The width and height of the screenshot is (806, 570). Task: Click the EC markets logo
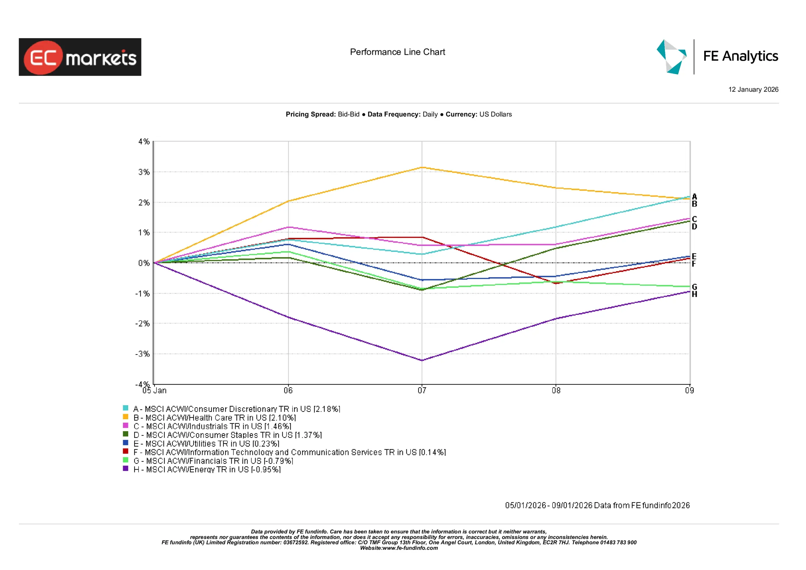[80, 57]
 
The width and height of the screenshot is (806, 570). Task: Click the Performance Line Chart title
[397, 52]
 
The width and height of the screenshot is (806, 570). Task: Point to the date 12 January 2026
[753, 89]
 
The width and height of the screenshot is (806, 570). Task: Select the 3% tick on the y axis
[144, 172]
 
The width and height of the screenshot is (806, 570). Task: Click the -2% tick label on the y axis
[143, 323]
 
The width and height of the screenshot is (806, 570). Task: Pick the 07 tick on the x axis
[422, 390]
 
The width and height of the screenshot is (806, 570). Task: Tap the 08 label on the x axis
[556, 390]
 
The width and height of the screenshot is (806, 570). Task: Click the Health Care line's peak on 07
[422, 168]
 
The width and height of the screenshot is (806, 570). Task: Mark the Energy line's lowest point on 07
[422, 360]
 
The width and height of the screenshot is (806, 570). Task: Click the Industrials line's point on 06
[288, 227]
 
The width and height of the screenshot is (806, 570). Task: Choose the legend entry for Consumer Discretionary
[236, 409]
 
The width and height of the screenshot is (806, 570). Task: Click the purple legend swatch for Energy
[125, 469]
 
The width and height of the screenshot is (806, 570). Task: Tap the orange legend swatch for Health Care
[125, 417]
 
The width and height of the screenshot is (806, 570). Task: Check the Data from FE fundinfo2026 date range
[597, 505]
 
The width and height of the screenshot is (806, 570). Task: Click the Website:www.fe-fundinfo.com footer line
[399, 548]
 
